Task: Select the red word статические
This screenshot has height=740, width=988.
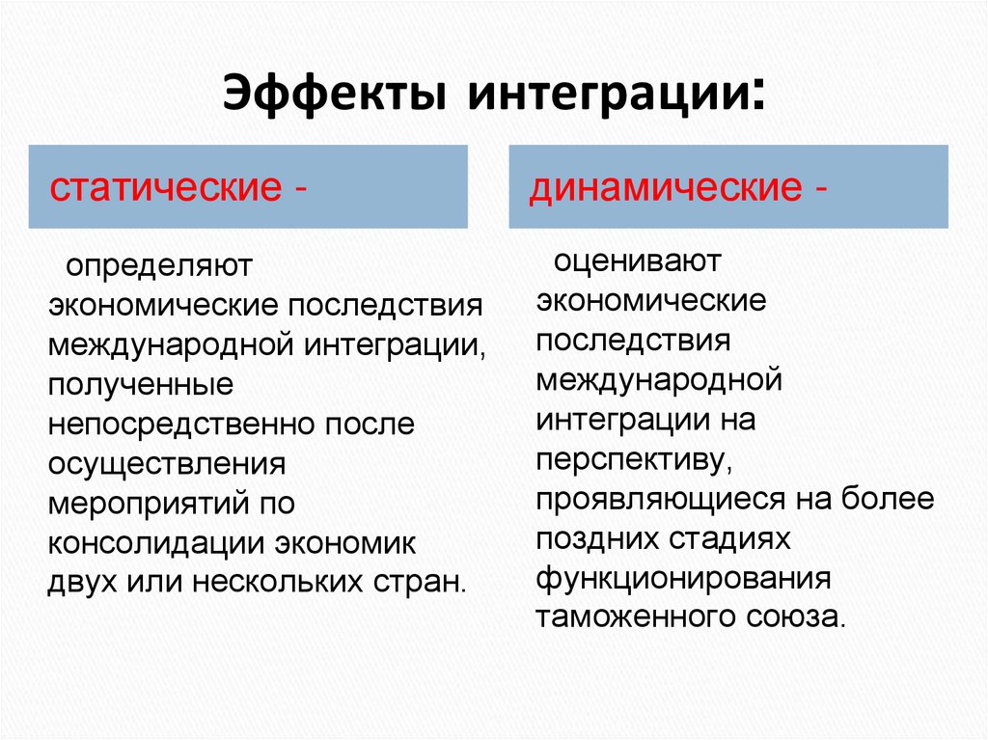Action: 163,186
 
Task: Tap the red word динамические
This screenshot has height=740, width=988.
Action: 660,186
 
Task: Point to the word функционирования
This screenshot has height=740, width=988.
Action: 684,579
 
